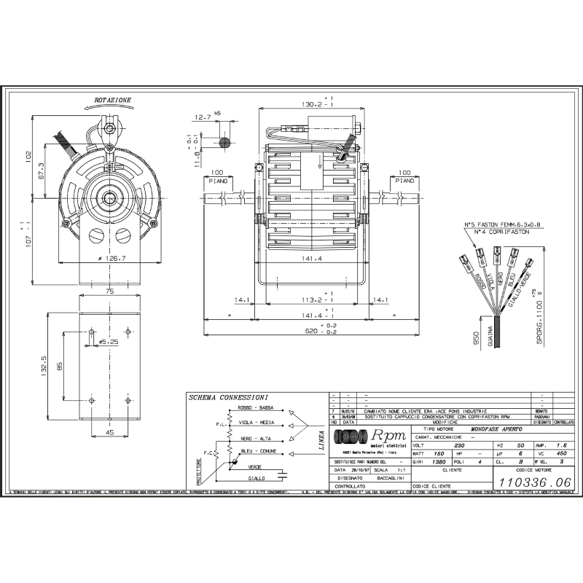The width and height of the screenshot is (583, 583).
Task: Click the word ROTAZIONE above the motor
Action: click(113, 100)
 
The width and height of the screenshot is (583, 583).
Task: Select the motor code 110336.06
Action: click(533, 481)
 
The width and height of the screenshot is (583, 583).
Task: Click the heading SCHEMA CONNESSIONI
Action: click(228, 398)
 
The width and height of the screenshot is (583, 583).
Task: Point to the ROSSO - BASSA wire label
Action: click(255, 410)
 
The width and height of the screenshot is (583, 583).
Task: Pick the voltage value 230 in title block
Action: click(439, 444)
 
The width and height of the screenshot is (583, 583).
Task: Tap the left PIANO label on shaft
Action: click(218, 179)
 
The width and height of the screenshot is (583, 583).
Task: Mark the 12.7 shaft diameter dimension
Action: click(203, 117)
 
